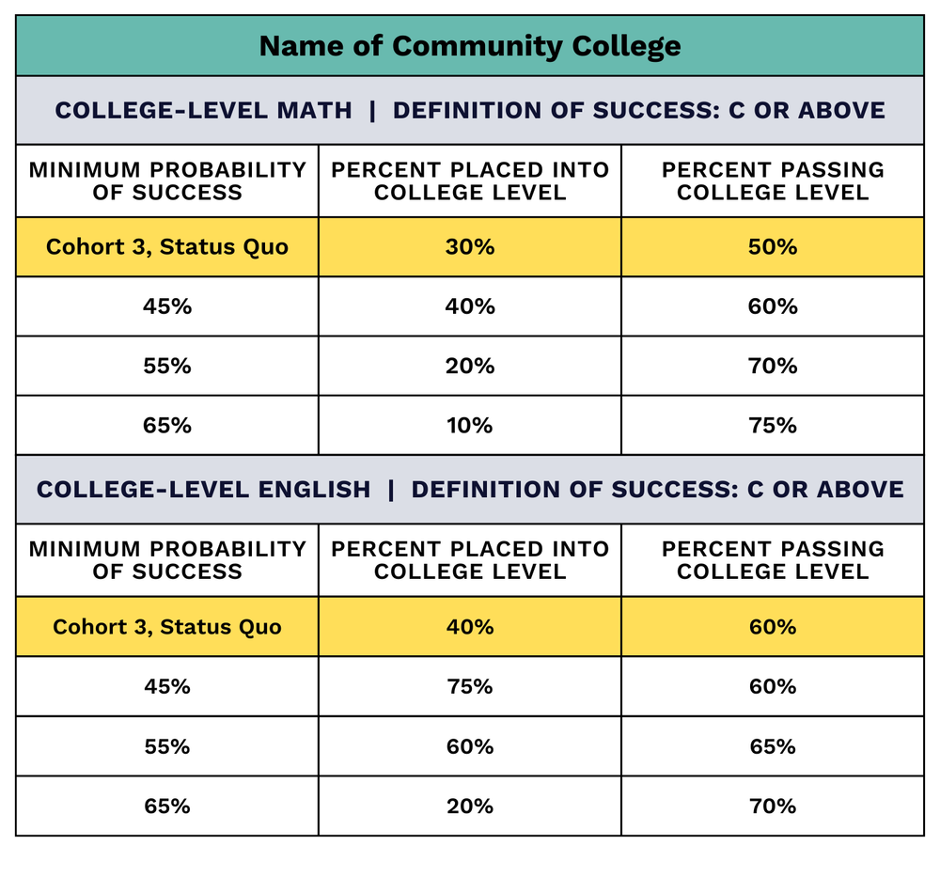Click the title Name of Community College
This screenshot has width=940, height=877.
tap(469, 45)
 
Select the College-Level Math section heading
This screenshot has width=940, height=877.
tap(469, 110)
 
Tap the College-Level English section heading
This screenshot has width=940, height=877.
tap(469, 489)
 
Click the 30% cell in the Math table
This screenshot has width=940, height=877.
tap(469, 246)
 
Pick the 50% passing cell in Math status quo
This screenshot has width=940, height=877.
tap(773, 246)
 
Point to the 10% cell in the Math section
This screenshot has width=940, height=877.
tap(469, 425)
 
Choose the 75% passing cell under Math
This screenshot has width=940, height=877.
tap(773, 425)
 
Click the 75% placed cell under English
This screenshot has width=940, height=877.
tap(469, 686)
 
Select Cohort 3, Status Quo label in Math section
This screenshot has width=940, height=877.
tap(167, 246)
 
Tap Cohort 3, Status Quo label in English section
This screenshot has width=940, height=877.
tap(167, 626)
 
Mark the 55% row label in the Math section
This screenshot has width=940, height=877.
tap(167, 366)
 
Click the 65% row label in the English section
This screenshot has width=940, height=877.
tap(167, 806)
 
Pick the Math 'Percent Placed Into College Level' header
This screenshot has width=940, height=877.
tap(469, 180)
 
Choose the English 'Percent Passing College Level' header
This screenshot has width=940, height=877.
tap(773, 560)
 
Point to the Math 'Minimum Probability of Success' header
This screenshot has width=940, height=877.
tap(167, 180)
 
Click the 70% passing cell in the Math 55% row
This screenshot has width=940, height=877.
tap(773, 366)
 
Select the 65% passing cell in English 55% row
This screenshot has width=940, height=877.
tap(773, 746)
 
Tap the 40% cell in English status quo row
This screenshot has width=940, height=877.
tap(469, 626)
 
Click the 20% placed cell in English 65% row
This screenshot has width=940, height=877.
tap(469, 806)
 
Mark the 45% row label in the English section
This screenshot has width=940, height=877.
tap(167, 686)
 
